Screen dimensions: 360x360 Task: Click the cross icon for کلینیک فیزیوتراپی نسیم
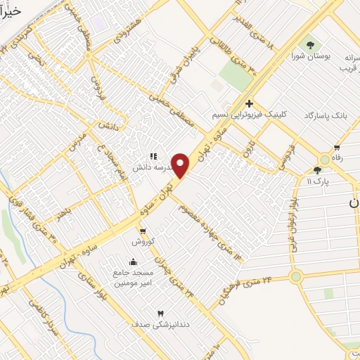coord(249,103)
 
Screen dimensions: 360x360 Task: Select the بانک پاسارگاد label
coord(327,115)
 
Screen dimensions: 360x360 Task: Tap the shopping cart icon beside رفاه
coord(337,148)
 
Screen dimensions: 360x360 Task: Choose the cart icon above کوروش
coord(143,231)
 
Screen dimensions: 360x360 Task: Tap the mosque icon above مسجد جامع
coord(132,262)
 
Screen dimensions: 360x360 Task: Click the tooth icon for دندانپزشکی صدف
coord(160,313)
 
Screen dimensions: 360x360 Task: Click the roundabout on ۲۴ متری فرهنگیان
coord(295,277)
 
